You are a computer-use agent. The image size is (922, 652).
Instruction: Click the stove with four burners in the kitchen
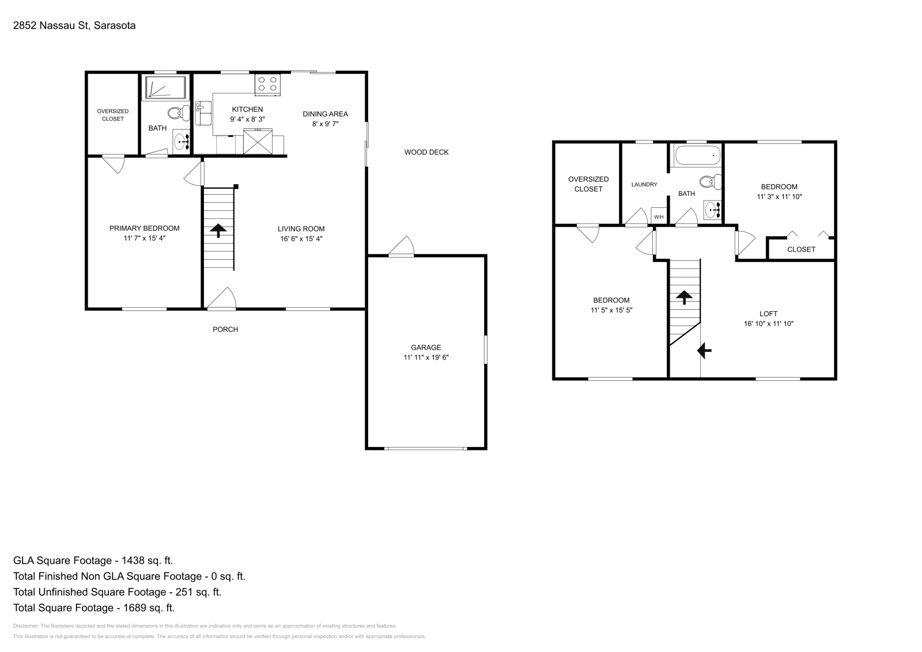[x=267, y=84]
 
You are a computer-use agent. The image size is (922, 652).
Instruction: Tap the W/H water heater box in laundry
[x=659, y=217]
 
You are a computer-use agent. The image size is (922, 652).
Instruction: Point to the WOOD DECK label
[x=426, y=152]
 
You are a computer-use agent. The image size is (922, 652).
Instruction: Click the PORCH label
[x=225, y=329]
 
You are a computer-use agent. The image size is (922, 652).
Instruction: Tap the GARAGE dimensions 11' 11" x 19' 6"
[x=426, y=357]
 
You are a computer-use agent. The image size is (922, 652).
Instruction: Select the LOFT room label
[x=768, y=314]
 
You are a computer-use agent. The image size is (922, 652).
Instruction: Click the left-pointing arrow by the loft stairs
[x=705, y=350]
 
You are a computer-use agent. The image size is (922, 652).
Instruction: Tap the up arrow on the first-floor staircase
[x=218, y=230]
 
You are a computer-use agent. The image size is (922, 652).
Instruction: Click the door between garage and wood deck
[x=402, y=248]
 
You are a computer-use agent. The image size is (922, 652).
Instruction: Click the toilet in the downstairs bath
[x=178, y=113]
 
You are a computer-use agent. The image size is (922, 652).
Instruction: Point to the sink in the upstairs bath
[x=713, y=210]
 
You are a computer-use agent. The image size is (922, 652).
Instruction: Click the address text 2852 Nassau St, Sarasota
[x=74, y=25]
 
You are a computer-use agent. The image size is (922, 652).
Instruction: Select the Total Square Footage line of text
[x=93, y=607]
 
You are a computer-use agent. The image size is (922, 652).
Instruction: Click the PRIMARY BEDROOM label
[x=144, y=228]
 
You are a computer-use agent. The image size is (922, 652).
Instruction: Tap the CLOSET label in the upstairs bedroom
[x=801, y=249]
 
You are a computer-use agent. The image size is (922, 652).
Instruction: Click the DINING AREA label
[x=325, y=113]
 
